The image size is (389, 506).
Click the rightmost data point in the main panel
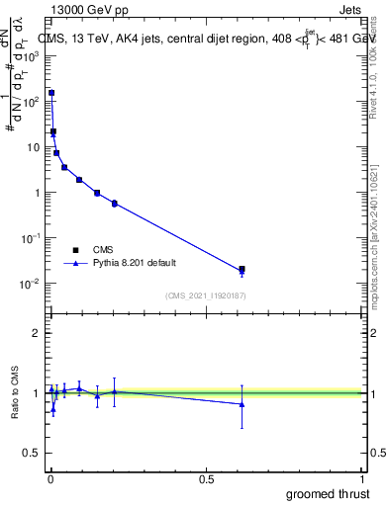242,269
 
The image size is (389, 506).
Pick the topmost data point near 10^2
51,93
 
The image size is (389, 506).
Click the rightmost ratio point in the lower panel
242,403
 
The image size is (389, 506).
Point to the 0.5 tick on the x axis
207,478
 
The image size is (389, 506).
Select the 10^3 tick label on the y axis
31,56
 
